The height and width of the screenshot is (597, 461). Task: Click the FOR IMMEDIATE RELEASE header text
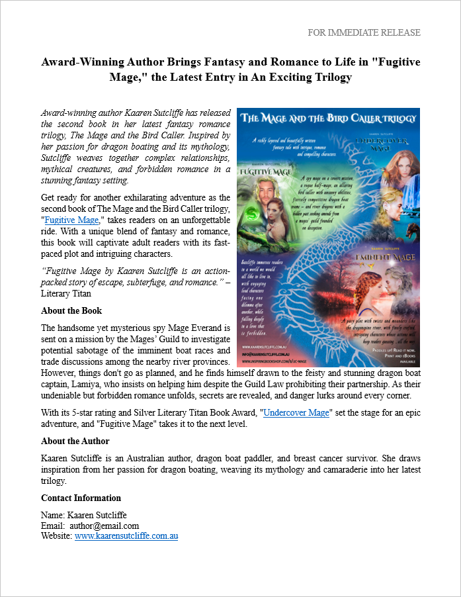tap(364, 32)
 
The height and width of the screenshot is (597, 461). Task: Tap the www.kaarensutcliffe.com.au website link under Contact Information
tap(126, 536)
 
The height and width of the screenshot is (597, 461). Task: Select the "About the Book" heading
tap(71, 310)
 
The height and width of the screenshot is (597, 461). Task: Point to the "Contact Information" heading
tap(81, 498)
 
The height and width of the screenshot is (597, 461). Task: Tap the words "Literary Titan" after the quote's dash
tap(65, 293)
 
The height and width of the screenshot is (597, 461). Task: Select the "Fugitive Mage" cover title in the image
tap(269, 169)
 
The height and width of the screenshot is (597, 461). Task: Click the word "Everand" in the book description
tap(208, 328)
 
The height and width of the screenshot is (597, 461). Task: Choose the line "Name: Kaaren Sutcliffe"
tap(84, 515)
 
